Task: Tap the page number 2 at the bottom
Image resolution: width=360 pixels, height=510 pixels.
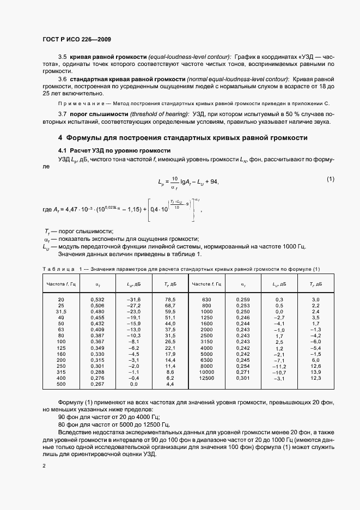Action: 44,467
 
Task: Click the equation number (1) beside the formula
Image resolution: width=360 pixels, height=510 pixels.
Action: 330,179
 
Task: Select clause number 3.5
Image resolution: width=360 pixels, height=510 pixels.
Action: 62,57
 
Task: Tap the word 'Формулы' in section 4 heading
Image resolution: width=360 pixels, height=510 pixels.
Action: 89,138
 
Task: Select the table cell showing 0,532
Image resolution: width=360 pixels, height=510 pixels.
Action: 98,300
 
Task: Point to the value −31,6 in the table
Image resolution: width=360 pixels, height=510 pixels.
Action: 133,300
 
